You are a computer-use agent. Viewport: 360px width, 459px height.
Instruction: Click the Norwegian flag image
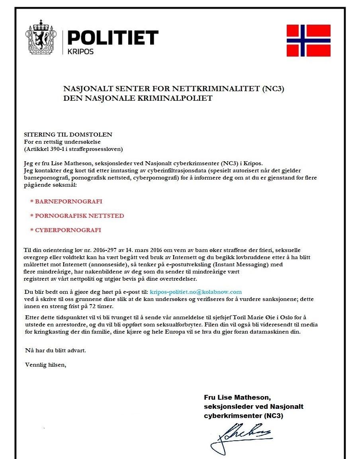309,41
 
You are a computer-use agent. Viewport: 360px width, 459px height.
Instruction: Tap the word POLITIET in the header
113,38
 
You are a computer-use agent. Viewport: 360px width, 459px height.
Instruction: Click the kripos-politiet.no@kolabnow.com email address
196,292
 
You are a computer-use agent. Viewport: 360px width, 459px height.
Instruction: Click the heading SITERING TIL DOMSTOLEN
68,135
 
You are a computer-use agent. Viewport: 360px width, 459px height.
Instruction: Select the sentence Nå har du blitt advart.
55,350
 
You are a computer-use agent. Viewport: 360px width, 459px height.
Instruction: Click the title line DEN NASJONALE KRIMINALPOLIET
138,98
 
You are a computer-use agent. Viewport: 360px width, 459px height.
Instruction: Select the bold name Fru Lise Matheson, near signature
237,397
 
